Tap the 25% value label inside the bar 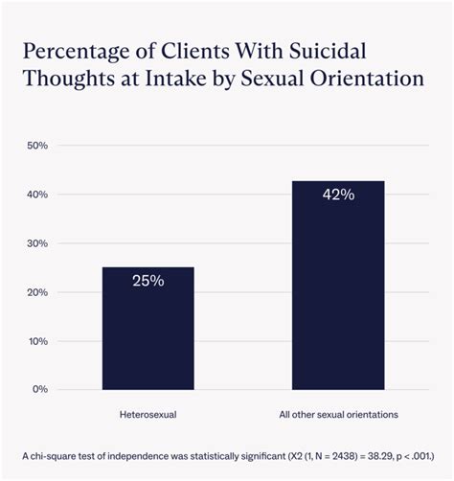148,281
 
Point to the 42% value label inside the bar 338,195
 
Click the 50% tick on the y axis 37,146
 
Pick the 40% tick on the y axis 37,195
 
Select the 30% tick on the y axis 37,243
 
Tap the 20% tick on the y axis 37,292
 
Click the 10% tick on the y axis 37,341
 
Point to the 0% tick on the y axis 39,390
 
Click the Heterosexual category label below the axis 148,414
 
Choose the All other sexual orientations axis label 338,414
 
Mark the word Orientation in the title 370,79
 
